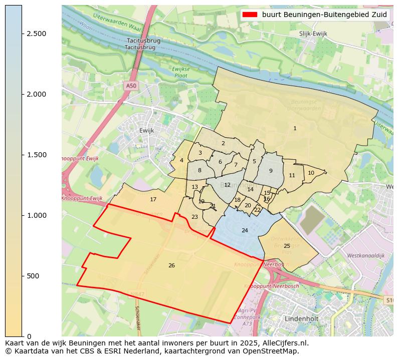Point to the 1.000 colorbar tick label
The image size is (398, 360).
[36, 215]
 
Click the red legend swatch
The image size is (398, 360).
[250, 15]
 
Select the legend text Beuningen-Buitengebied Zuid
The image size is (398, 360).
[325, 15]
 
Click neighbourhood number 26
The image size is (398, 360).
[171, 265]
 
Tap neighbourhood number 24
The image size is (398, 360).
[245, 230]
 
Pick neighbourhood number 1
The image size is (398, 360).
[295, 129]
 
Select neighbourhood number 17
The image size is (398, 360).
[153, 199]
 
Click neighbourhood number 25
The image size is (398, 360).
[287, 246]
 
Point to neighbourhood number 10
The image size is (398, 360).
[311, 173]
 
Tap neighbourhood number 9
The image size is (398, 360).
[271, 171]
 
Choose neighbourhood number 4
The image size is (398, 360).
[181, 160]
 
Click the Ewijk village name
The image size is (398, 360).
[147, 130]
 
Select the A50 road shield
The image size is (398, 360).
[131, 86]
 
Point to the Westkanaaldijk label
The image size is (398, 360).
[366, 255]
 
